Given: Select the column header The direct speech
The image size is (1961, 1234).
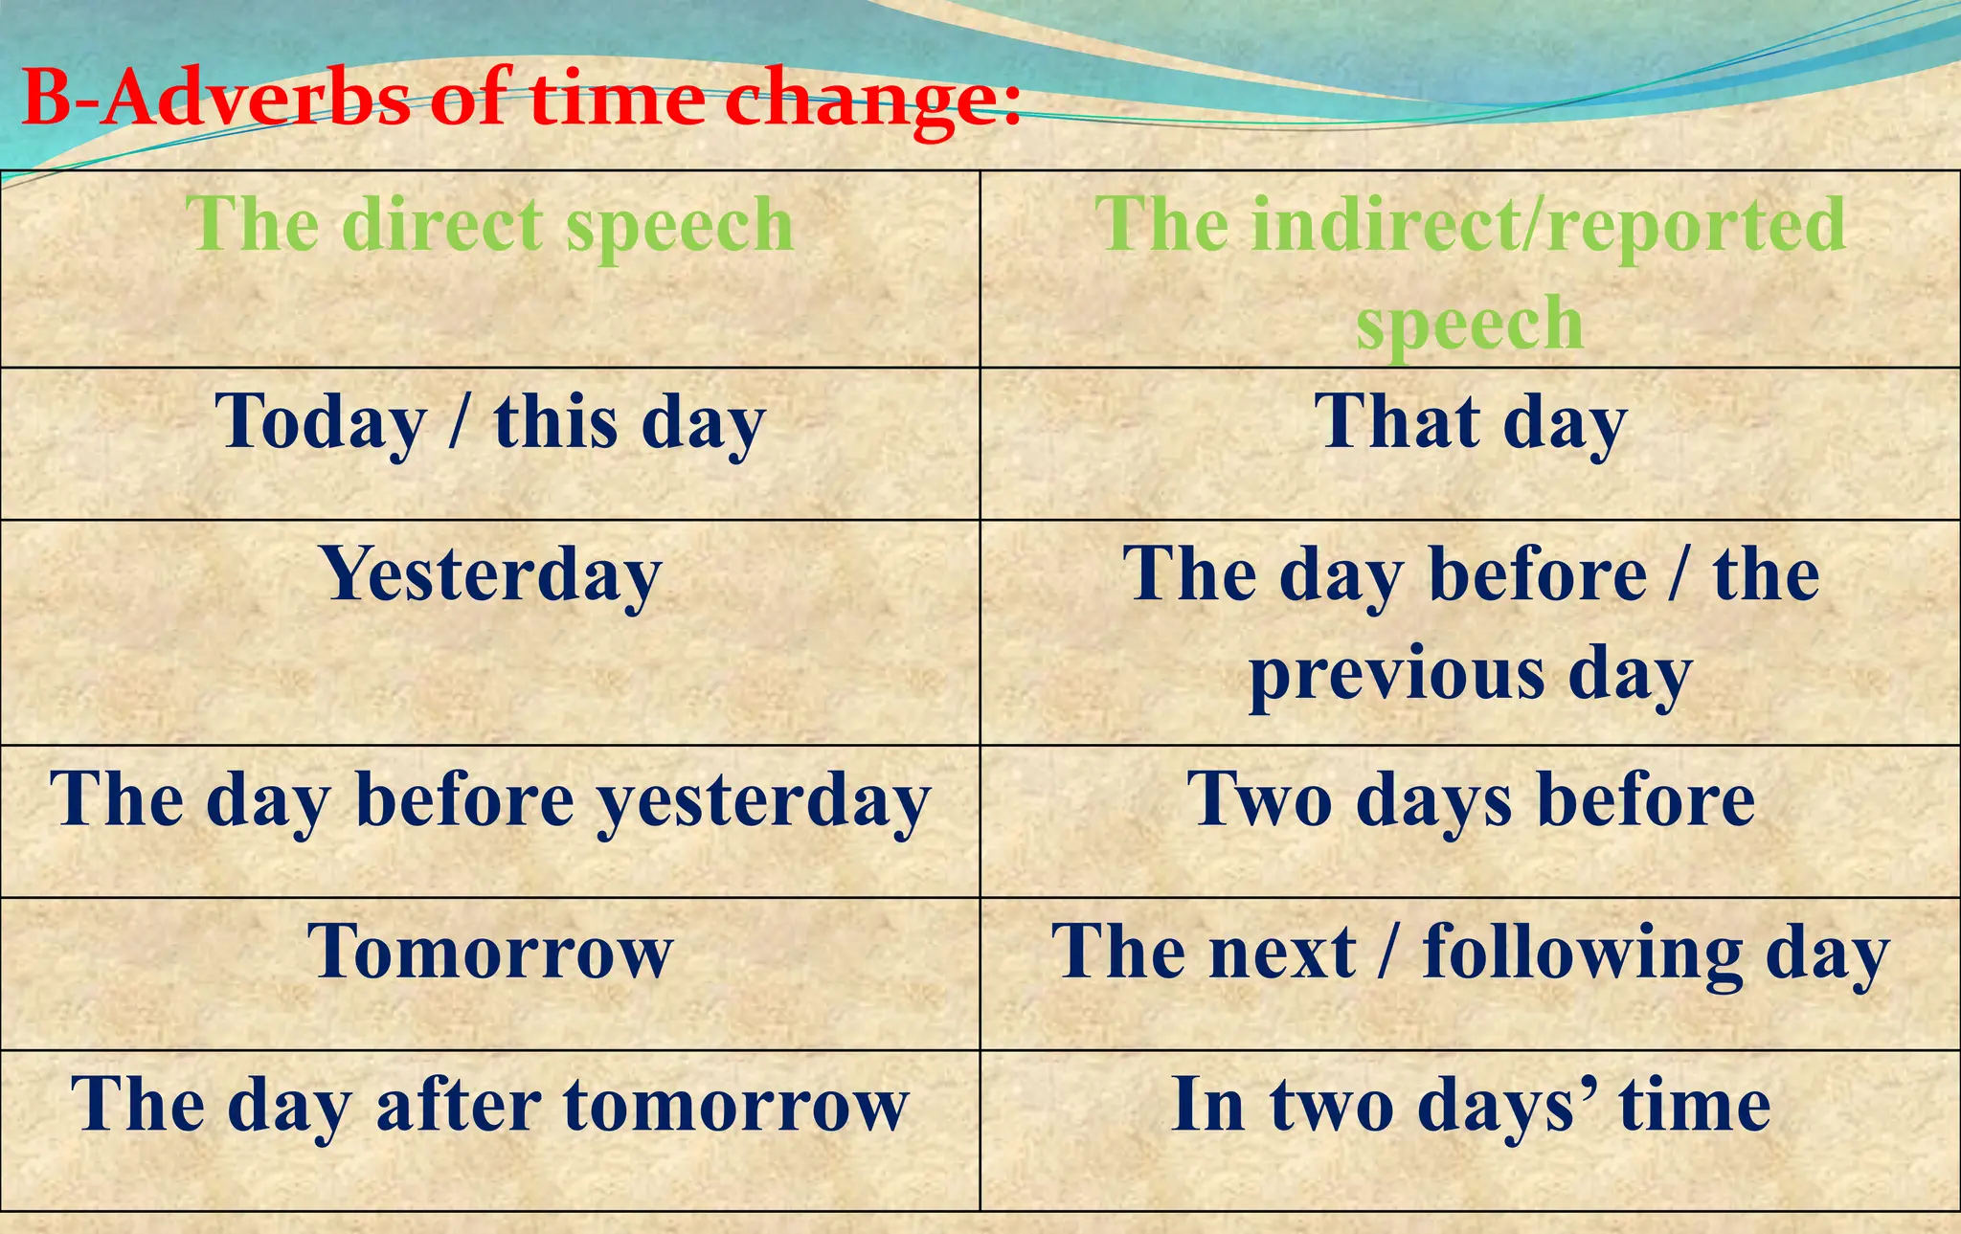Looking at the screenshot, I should click(x=489, y=225).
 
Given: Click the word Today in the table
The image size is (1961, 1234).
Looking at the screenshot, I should click(x=321, y=423).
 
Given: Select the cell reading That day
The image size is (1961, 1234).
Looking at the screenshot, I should click(x=1470, y=423).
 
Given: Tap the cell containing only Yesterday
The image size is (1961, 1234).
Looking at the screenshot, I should click(x=491, y=575).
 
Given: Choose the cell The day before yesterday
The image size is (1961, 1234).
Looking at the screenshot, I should click(x=489, y=801).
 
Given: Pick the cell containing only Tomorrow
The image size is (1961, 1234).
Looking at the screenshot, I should click(x=490, y=953).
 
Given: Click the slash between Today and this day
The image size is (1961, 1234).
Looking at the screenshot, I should click(x=459, y=423).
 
